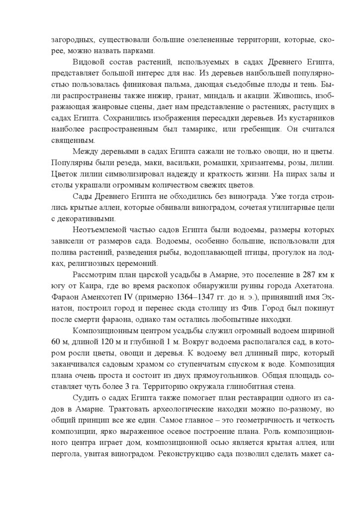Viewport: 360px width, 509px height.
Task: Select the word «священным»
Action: coord(70,141)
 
